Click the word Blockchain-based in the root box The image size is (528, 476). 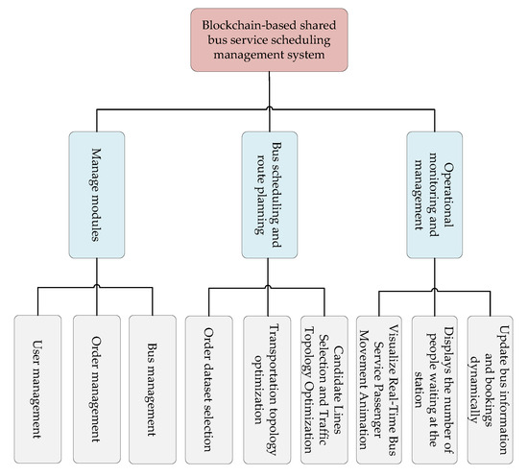(x=235, y=24)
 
